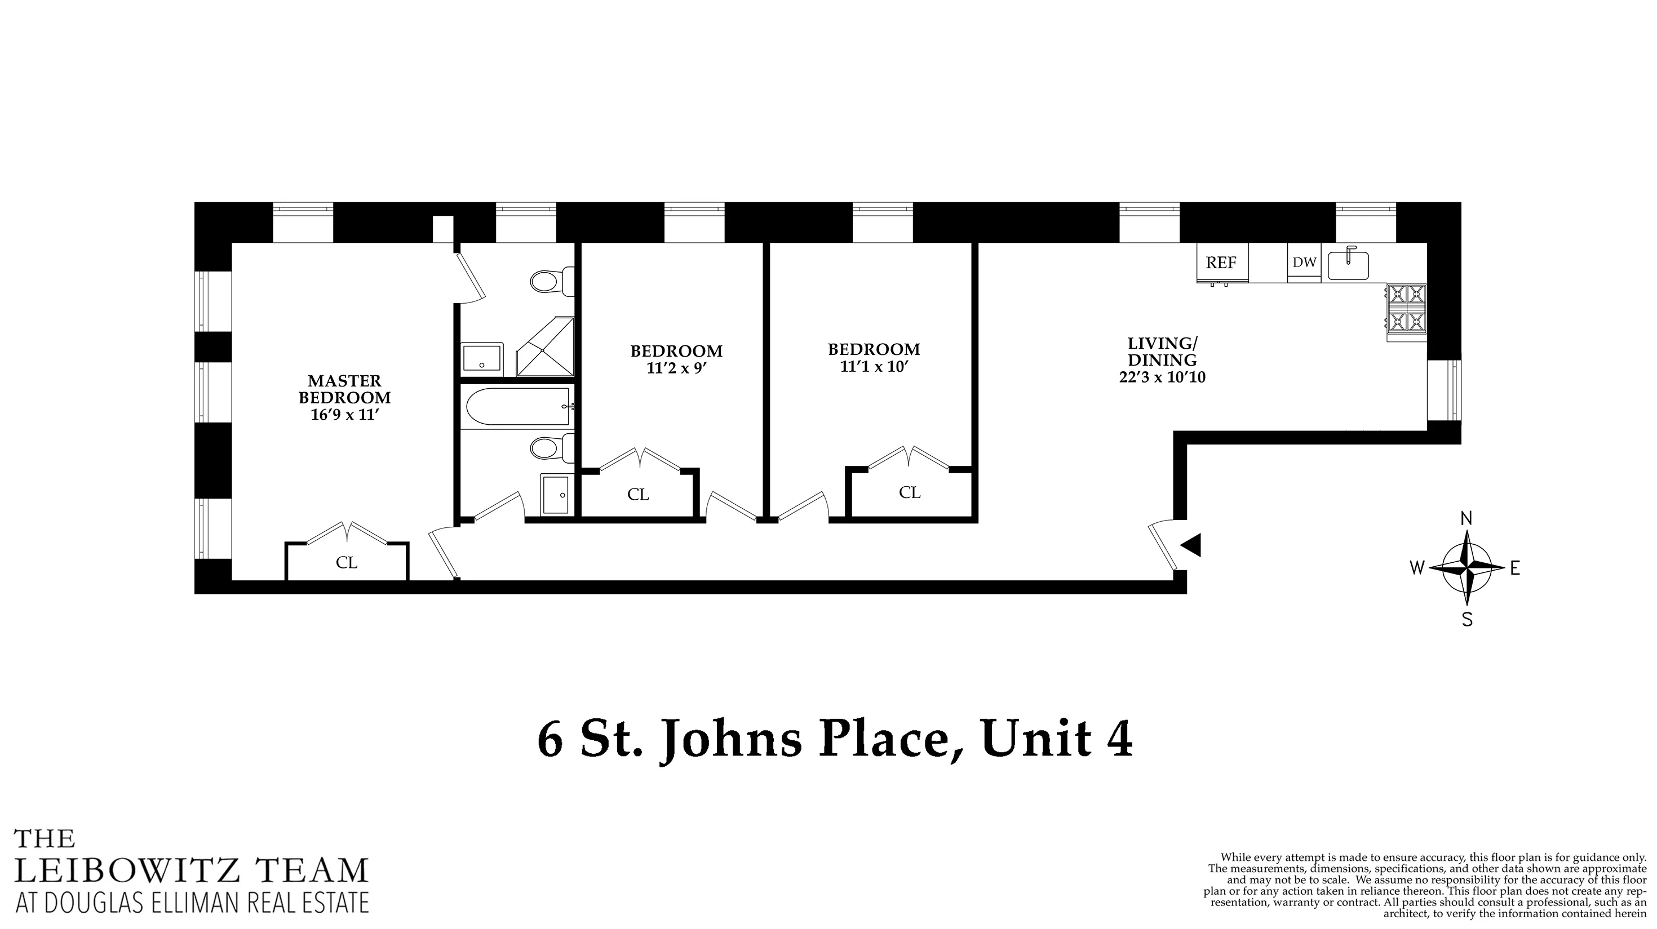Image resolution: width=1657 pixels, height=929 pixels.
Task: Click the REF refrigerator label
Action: [x=1221, y=263]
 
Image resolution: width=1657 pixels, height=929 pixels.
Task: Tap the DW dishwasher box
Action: [x=1304, y=263]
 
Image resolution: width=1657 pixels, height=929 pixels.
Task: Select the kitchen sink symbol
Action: [x=1348, y=265]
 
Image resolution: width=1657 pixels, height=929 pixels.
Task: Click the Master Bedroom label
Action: [x=344, y=389]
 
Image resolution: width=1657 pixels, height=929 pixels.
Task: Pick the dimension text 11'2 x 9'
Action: [x=676, y=369]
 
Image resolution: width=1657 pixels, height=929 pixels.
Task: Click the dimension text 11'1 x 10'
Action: [x=874, y=367]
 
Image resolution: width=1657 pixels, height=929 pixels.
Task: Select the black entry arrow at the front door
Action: [x=1191, y=545]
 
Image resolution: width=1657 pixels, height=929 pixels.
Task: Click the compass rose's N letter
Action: [x=1467, y=518]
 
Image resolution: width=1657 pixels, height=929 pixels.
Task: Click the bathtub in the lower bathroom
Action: [x=516, y=408]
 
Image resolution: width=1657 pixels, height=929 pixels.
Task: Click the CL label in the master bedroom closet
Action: [x=347, y=563]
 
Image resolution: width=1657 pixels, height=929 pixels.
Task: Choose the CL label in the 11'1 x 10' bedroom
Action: [x=910, y=492]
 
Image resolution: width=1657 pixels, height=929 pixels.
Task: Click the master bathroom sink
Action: [x=482, y=359]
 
